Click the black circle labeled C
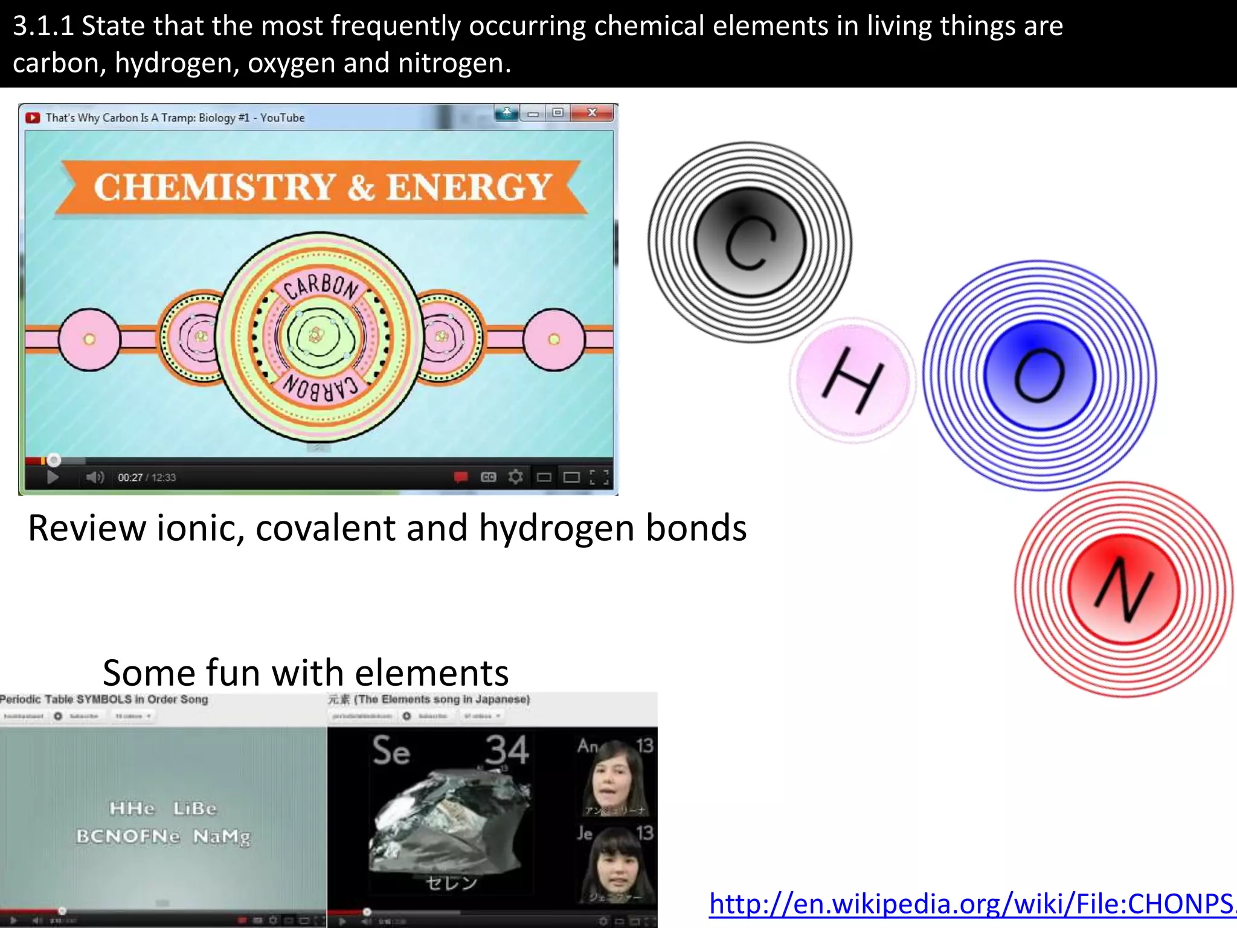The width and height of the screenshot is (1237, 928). point(750,242)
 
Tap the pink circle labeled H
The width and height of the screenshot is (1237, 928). point(852,380)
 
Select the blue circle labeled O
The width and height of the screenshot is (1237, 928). point(1039,375)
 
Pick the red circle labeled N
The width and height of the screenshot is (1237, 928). point(1123,589)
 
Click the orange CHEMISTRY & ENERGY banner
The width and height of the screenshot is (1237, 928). point(322,187)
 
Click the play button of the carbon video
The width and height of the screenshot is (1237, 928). point(53,478)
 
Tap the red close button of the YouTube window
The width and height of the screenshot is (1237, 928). point(593,113)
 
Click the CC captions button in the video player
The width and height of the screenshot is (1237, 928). point(488,477)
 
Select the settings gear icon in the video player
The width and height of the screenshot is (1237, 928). point(515,477)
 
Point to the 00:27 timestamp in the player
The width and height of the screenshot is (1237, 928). point(130,478)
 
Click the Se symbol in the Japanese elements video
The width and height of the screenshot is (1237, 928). point(391,751)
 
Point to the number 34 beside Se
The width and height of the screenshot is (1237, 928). point(507,750)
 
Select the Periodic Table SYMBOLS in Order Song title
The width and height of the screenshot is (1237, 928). point(104,700)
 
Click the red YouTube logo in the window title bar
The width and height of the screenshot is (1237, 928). point(33,118)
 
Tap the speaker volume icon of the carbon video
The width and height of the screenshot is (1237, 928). point(94,478)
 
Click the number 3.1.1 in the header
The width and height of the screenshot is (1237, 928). point(43,27)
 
